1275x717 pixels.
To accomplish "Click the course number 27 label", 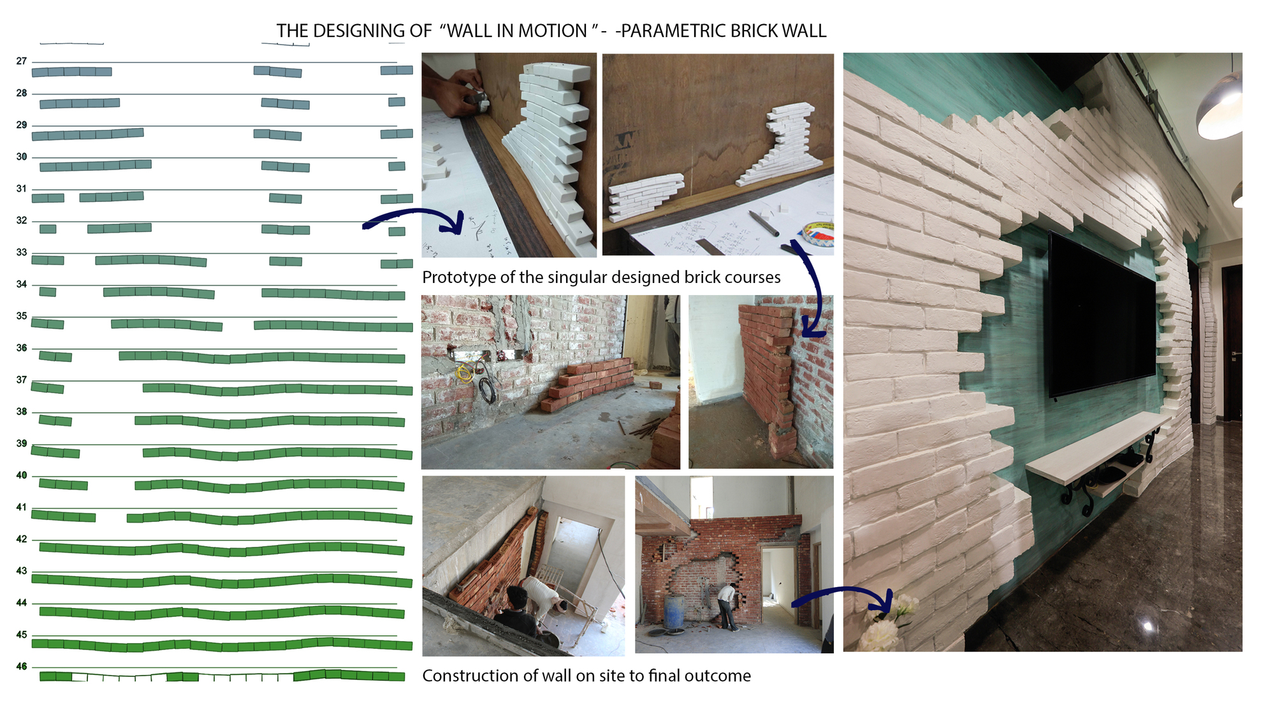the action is click(22, 61).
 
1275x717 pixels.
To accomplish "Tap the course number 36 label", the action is click(22, 348).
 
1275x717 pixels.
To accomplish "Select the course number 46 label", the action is click(22, 667).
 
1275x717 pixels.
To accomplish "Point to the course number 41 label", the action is click(22, 507).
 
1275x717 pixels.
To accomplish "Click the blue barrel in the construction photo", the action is click(674, 611).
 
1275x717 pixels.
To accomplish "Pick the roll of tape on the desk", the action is click(817, 233).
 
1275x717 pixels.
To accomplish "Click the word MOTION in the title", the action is click(553, 31).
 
